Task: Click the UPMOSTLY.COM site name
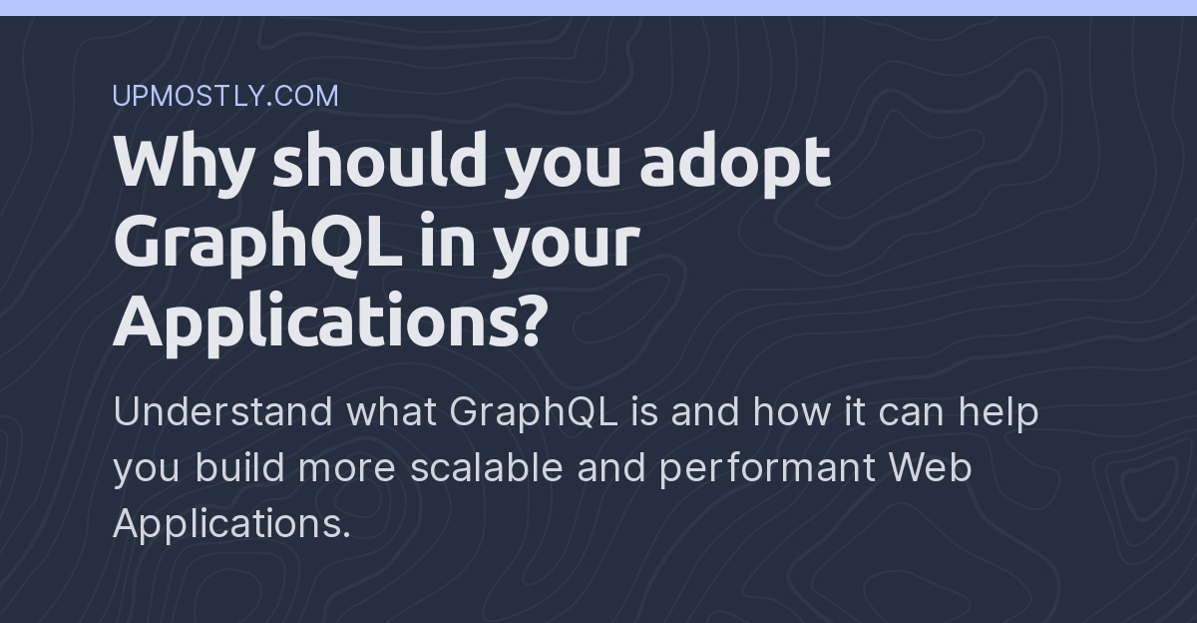pyautogui.click(x=225, y=96)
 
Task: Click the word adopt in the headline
pyautogui.click(x=735, y=162)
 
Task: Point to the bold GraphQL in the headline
pyautogui.click(x=258, y=243)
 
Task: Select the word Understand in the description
pyautogui.click(x=222, y=411)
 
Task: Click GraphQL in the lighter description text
pyautogui.click(x=533, y=413)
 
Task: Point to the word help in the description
pyautogui.click(x=998, y=411)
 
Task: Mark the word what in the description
pyautogui.click(x=391, y=411)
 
